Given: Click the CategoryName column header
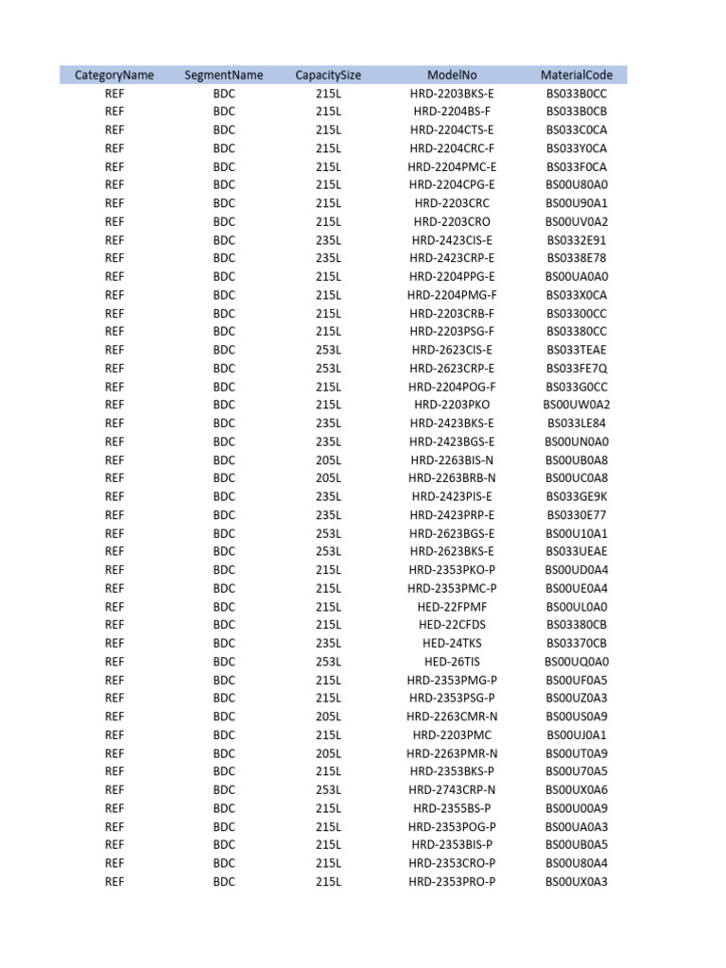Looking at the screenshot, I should click(x=114, y=75).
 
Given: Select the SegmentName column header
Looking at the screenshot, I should click(x=224, y=75).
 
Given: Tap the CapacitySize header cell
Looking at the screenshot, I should click(x=328, y=75).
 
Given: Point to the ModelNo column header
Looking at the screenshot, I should click(x=452, y=75).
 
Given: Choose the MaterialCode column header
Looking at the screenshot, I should click(x=577, y=75).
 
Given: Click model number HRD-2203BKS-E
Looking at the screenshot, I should click(x=452, y=94).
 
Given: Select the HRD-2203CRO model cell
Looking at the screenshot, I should click(x=452, y=221).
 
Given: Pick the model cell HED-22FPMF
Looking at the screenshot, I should click(x=452, y=606).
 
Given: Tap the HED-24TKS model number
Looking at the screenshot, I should click(x=452, y=643).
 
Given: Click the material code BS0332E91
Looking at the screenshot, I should click(x=577, y=240).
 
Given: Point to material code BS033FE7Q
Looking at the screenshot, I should click(x=577, y=368).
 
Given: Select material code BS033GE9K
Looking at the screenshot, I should click(x=577, y=496).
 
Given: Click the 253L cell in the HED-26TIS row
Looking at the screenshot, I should click(x=328, y=662).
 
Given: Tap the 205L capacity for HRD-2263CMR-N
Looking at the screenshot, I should click(x=328, y=717).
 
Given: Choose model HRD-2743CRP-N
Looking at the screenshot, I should click(x=452, y=789).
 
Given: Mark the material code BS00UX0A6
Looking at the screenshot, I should click(x=577, y=789).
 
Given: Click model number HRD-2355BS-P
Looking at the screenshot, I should click(x=452, y=808).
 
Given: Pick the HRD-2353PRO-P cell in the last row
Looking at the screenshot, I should click(x=452, y=881).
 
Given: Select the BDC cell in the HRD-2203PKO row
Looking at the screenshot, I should click(x=224, y=405).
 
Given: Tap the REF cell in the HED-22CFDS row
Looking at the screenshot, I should click(x=114, y=625).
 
